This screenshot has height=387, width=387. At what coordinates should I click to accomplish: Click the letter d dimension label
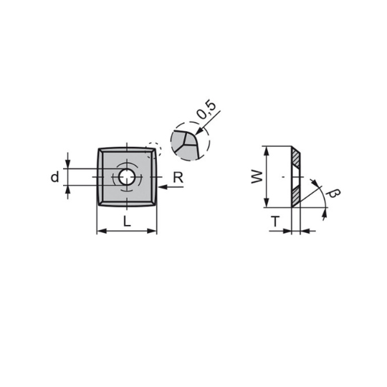(x=54, y=177)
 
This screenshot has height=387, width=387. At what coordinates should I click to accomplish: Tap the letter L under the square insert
(x=127, y=221)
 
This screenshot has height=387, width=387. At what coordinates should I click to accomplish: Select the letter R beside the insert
(x=178, y=177)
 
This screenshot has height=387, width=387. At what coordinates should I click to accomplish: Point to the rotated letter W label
(x=257, y=177)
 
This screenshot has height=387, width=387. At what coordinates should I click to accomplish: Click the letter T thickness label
(x=275, y=221)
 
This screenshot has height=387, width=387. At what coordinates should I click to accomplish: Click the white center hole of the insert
(x=127, y=177)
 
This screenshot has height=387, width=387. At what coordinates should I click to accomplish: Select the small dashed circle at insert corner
(x=154, y=150)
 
